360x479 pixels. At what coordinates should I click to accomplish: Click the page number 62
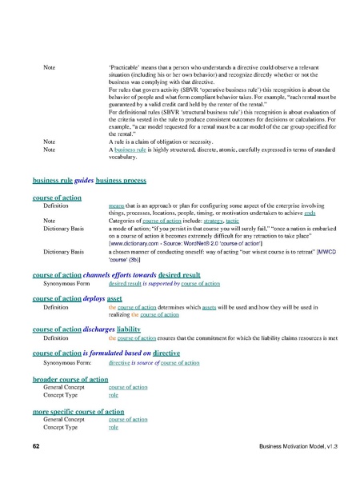click(x=36, y=444)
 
